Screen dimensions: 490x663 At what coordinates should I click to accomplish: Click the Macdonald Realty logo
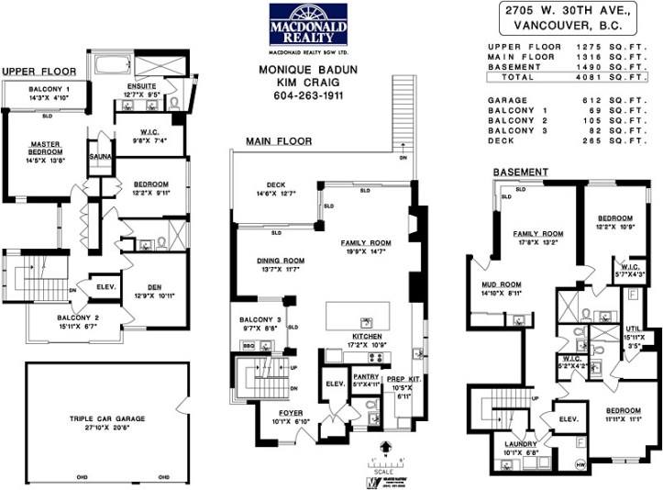point(308,28)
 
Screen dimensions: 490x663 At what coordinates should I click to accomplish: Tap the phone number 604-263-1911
point(308,95)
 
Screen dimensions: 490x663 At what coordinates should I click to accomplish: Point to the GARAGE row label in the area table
point(508,101)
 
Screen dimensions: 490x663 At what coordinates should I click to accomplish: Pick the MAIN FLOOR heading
point(278,141)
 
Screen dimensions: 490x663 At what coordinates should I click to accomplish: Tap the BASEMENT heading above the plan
point(521,172)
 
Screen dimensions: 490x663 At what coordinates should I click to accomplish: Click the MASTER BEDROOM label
point(45,148)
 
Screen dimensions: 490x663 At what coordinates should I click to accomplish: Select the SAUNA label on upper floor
point(100,157)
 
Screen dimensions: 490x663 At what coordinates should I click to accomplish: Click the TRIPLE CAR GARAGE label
point(107,418)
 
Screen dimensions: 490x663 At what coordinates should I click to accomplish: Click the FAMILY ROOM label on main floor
point(366,243)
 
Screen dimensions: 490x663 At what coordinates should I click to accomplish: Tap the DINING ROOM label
point(280,261)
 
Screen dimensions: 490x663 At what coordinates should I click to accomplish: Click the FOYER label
point(291,413)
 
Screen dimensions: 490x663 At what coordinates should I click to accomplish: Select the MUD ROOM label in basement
point(501,284)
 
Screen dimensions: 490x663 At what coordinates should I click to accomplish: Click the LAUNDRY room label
point(520,444)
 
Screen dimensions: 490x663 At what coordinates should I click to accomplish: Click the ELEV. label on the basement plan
point(568,418)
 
